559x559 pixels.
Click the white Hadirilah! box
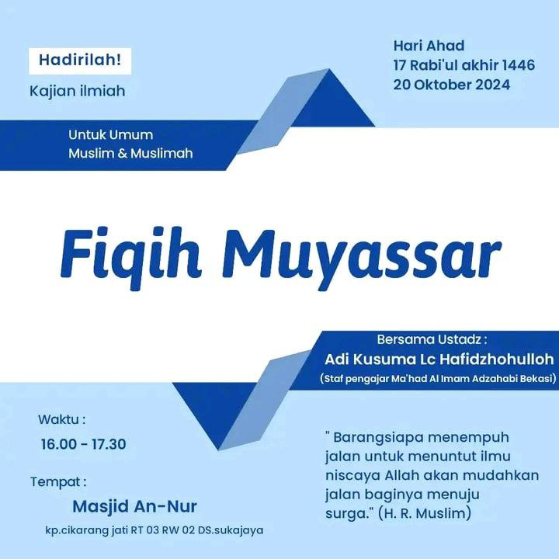click(80, 61)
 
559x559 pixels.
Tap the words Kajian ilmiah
click(78, 92)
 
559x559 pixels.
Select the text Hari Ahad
click(429, 46)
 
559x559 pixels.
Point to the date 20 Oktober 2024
click(452, 85)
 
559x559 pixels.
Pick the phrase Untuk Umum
click(111, 135)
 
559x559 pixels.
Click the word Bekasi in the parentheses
click(537, 378)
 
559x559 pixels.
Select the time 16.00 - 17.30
click(83, 444)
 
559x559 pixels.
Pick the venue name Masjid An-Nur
click(134, 506)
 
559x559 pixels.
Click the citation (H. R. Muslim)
click(425, 513)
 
